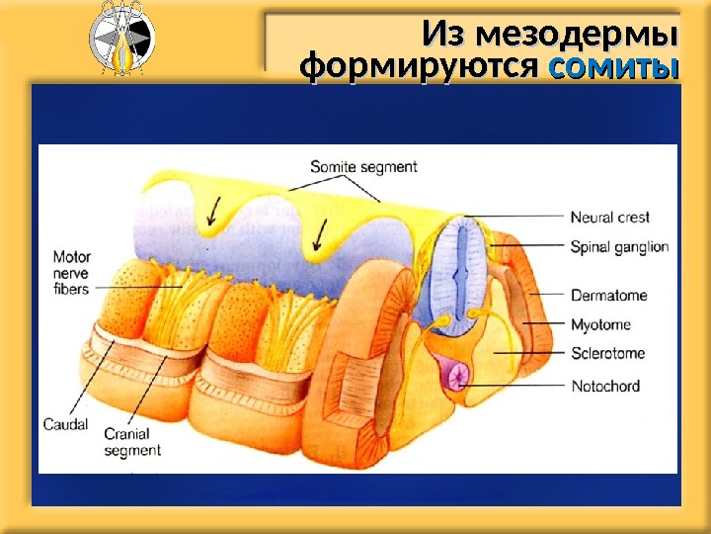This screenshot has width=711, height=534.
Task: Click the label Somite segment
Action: (x=363, y=167)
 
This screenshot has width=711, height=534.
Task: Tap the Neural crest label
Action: (x=609, y=218)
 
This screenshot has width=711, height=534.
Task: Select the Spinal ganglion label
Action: (x=619, y=246)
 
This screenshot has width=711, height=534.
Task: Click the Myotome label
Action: (x=600, y=324)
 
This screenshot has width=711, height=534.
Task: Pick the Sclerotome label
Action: (x=607, y=354)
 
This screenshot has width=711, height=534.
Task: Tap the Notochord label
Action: (x=605, y=386)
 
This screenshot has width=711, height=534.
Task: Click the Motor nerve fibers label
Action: (x=70, y=273)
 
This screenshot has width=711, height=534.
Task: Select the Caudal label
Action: (x=65, y=425)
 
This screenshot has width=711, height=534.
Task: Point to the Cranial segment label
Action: (x=131, y=442)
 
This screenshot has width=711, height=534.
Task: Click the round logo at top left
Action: (x=120, y=41)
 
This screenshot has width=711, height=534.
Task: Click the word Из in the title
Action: (x=442, y=35)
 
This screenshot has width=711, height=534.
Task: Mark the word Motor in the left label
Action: (x=71, y=258)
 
